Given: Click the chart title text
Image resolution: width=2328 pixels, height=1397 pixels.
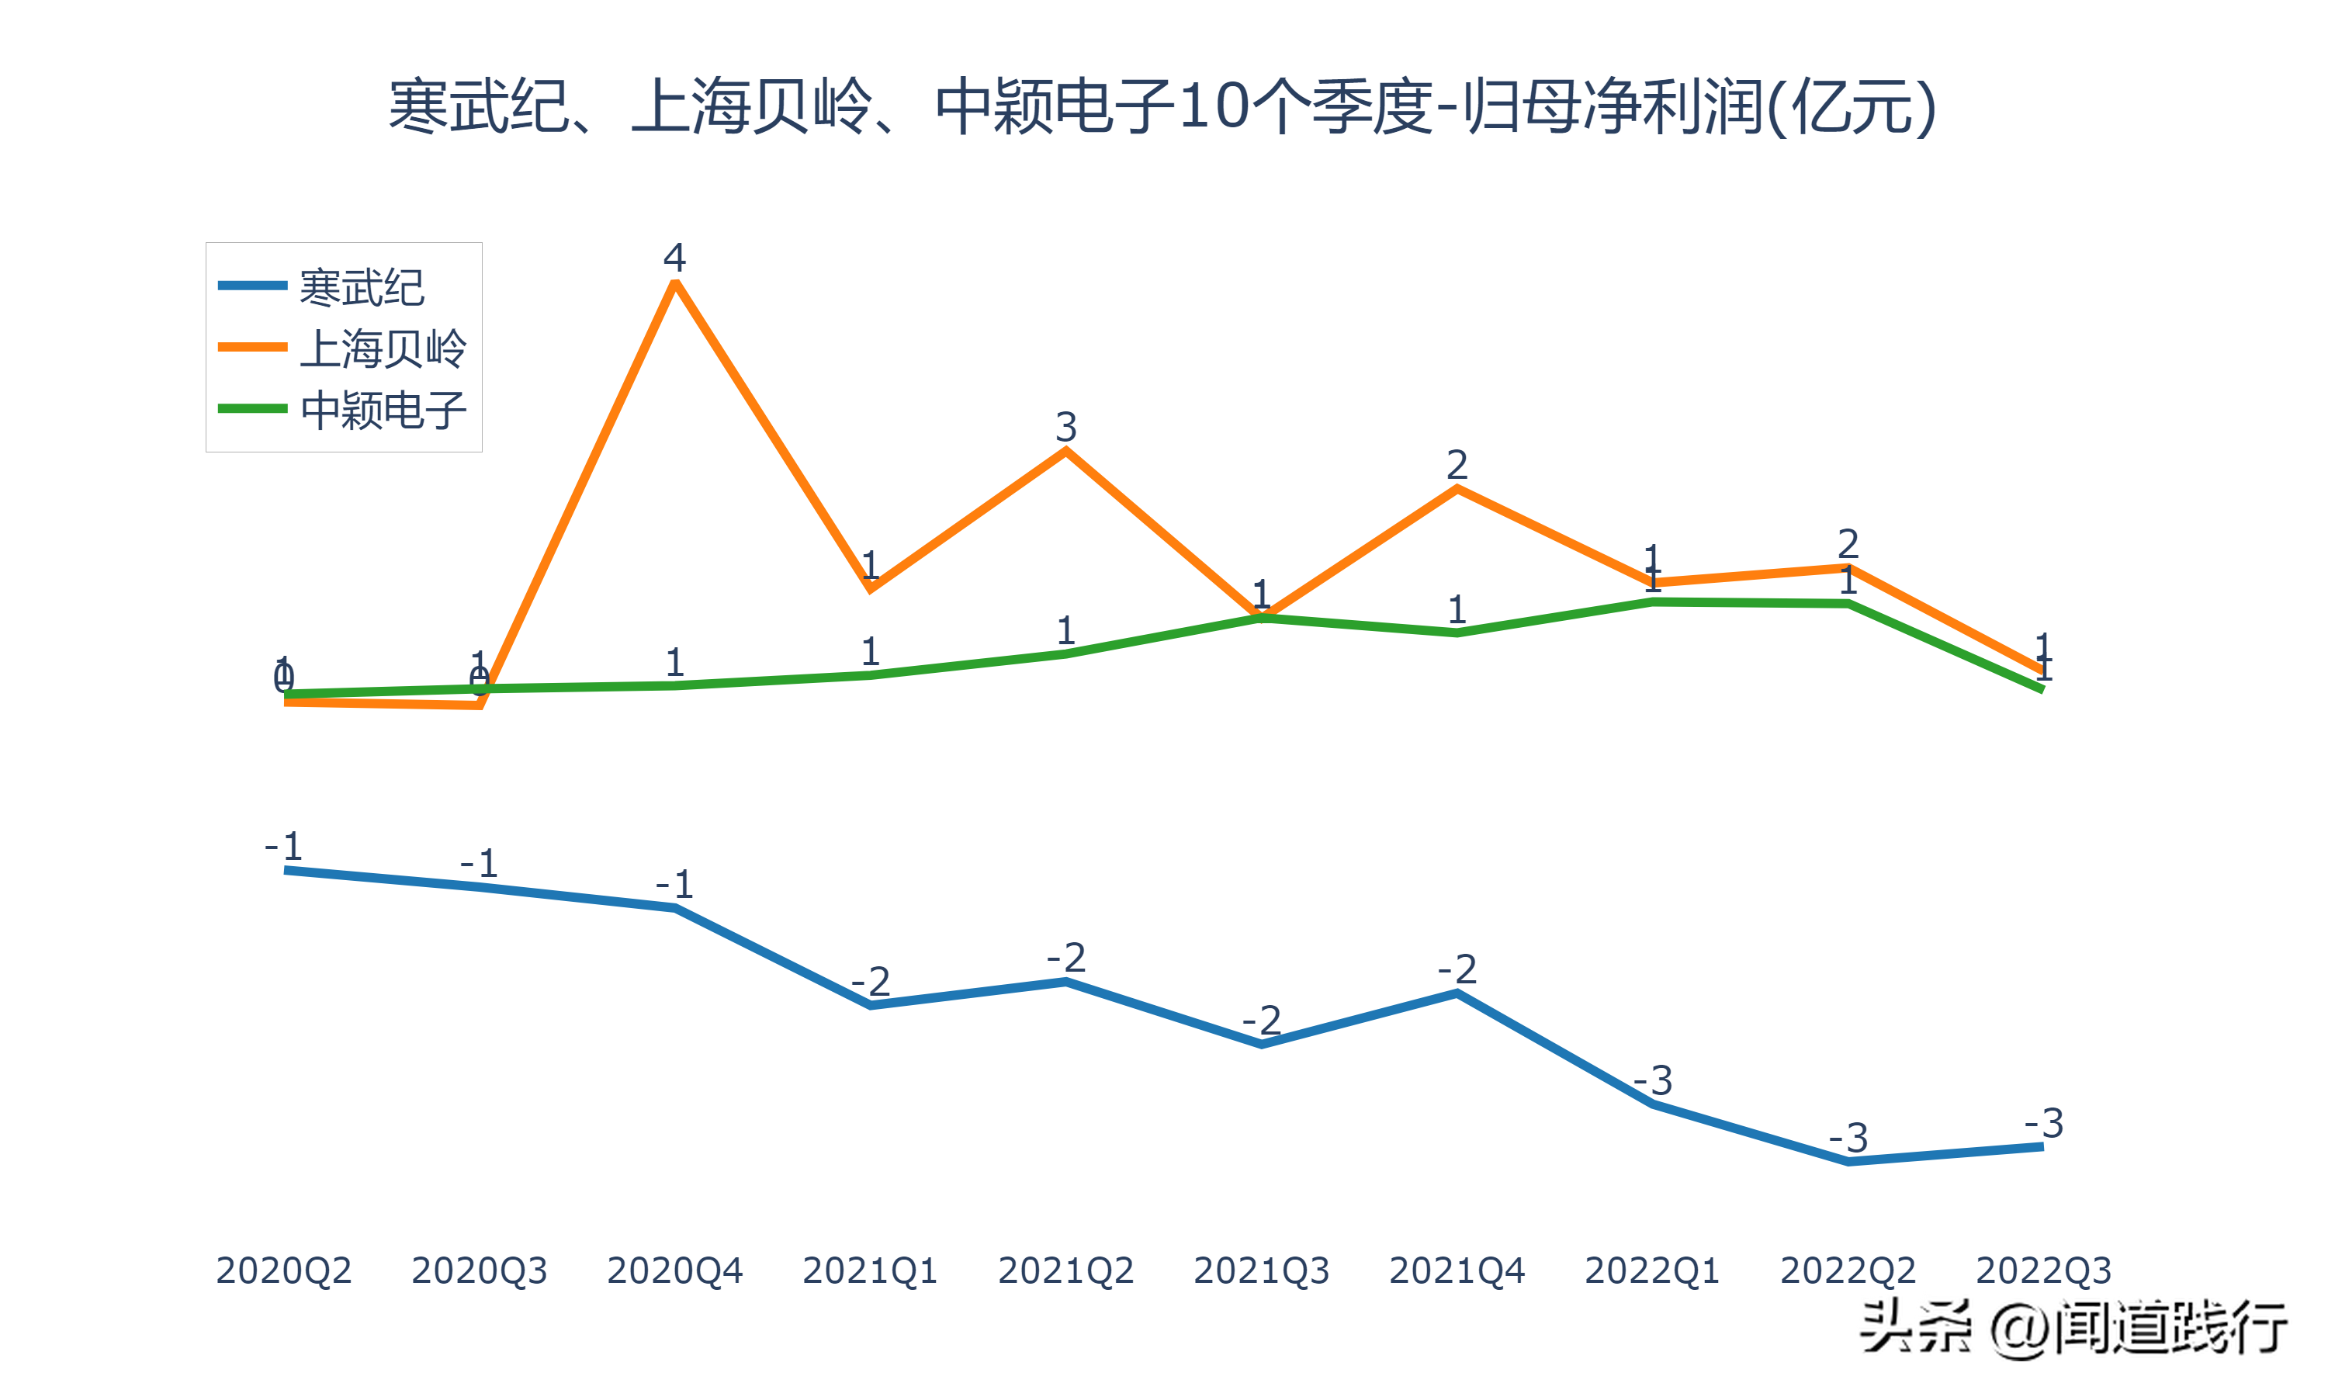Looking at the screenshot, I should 1163,106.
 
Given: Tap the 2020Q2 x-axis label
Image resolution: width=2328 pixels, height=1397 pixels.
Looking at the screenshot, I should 283,1270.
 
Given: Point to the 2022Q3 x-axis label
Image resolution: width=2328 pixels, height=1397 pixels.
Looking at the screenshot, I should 2043,1270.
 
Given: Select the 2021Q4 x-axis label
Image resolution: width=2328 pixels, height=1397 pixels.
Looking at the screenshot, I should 1457,1270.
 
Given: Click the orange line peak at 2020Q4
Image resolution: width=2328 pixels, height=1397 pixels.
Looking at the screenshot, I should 674,283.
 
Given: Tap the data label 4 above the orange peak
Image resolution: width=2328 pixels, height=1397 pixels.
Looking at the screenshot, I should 674,256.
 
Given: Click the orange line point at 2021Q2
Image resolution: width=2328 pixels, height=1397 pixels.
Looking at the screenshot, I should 1065,452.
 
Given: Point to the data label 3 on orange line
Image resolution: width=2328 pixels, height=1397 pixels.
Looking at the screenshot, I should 1065,426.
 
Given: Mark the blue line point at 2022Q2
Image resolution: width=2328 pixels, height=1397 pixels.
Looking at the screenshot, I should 1848,1162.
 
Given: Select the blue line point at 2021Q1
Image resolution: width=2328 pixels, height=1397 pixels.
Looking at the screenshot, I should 871,1005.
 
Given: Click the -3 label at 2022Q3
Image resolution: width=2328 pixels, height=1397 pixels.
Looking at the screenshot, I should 2044,1122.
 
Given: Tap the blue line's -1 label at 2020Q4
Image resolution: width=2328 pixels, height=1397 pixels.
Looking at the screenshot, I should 674,884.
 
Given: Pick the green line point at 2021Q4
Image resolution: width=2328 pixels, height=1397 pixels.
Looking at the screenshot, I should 1457,633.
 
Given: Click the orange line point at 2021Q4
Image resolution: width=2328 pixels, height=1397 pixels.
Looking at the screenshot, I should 1457,490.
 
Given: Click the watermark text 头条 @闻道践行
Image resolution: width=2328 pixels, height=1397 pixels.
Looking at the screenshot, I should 2073,1327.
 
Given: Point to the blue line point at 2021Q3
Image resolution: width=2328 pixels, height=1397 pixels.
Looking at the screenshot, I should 1261,1044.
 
